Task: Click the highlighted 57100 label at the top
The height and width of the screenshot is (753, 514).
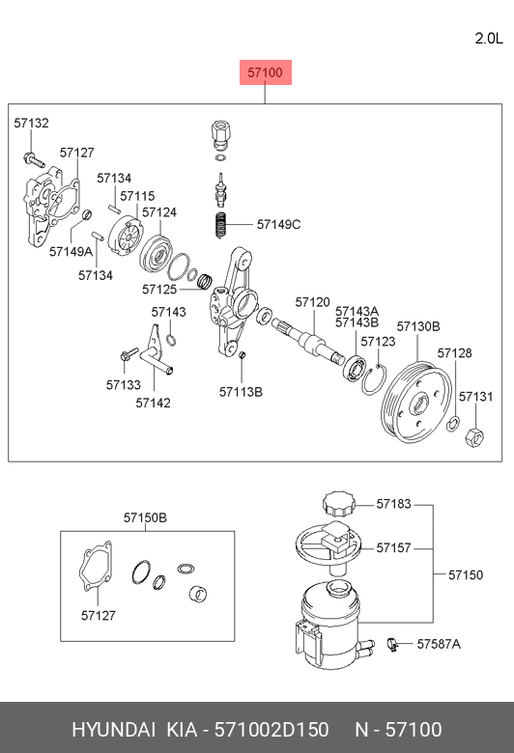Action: [x=266, y=72]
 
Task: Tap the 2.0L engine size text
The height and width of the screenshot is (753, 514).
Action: [x=489, y=39]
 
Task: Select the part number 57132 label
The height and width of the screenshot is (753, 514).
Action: [x=31, y=123]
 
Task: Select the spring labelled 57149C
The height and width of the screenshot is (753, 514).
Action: [x=220, y=224]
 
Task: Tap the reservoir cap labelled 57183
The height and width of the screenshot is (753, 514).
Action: [x=340, y=504]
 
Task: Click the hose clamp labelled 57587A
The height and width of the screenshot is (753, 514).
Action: [x=393, y=644]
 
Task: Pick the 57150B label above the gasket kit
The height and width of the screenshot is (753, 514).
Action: [x=145, y=517]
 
